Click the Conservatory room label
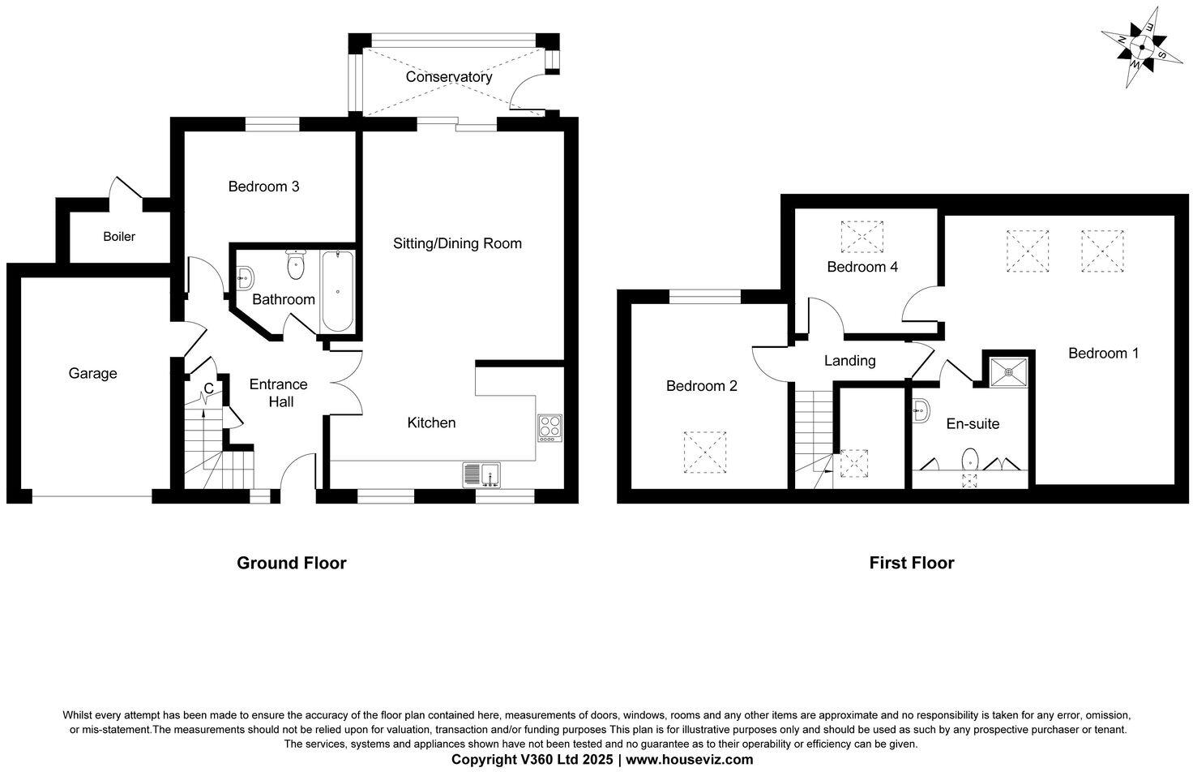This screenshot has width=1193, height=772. pyautogui.click(x=448, y=77)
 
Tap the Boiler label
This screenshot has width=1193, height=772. pyautogui.click(x=119, y=237)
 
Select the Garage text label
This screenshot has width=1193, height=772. pyautogui.click(x=92, y=373)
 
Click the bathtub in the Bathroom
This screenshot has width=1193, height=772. pyautogui.click(x=337, y=292)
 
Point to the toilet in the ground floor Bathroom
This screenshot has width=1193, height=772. pyautogui.click(x=296, y=264)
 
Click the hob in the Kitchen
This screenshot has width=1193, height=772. pyautogui.click(x=549, y=427)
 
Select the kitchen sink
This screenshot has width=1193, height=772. pyautogui.click(x=482, y=473)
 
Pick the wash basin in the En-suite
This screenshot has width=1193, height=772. pyautogui.click(x=921, y=411)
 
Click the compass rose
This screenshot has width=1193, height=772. pyautogui.click(x=1141, y=47)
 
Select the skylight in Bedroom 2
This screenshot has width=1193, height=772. pyautogui.click(x=705, y=452)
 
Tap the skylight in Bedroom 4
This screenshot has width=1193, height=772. pyautogui.click(x=863, y=238)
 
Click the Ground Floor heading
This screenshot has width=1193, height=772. pyautogui.click(x=291, y=563)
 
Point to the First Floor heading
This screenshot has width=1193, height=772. pyautogui.click(x=911, y=563)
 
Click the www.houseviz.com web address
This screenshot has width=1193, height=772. pyautogui.click(x=689, y=760)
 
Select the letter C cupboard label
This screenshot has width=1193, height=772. pyautogui.click(x=208, y=388)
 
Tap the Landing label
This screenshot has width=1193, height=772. pyautogui.click(x=849, y=361)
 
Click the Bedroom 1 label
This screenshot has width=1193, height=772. pyautogui.click(x=1103, y=353)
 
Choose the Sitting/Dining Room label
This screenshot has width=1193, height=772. pyautogui.click(x=457, y=243)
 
